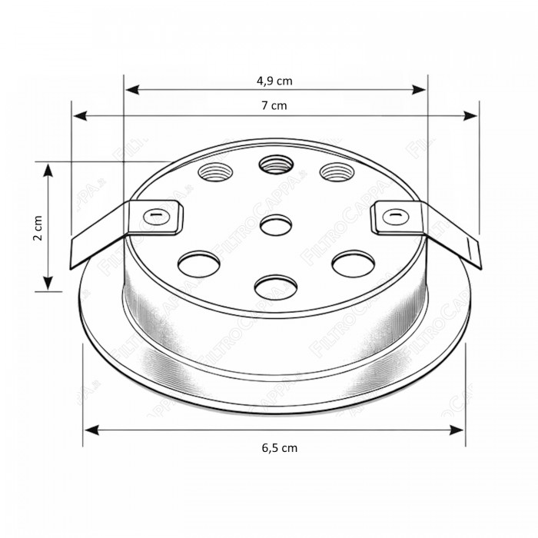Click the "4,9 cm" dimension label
click(274, 80)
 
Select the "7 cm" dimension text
click(274, 105)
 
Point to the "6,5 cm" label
click(274, 447)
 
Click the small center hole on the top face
click(276, 225)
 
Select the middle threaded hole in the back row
click(274, 164)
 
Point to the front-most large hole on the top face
click(275, 287)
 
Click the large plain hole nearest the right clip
click(353, 262)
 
